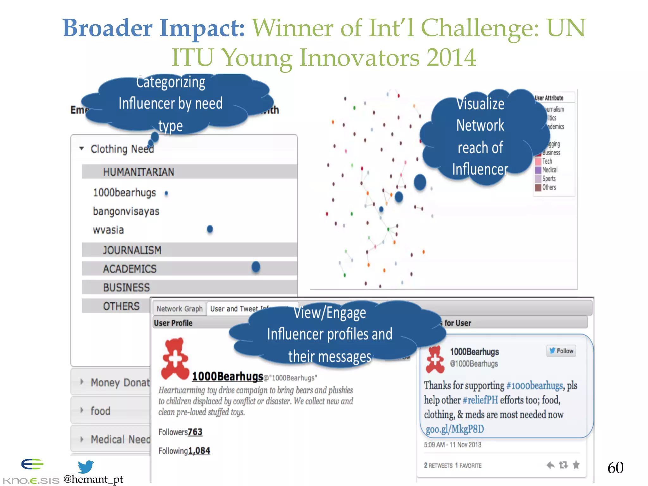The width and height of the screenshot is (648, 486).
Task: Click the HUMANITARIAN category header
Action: click(139, 172)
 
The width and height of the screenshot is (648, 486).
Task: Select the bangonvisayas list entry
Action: click(126, 211)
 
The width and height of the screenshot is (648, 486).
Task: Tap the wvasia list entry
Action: click(108, 230)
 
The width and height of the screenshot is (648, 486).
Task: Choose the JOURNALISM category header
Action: click(132, 250)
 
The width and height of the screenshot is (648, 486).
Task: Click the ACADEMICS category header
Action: click(130, 269)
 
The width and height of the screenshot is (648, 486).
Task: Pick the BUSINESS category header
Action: click(126, 288)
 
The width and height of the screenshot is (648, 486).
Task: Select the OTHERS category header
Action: click(121, 306)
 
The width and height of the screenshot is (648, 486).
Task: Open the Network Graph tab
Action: click(179, 309)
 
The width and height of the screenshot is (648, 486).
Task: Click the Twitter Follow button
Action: click(561, 351)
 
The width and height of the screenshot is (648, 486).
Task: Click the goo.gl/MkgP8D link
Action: click(455, 429)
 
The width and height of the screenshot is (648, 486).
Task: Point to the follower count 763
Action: click(195, 432)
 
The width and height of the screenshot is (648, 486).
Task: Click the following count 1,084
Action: click(199, 451)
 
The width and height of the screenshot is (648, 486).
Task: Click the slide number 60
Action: click(615, 468)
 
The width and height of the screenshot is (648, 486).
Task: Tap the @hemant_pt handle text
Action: click(93, 479)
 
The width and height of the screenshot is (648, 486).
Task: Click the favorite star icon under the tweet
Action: click(576, 465)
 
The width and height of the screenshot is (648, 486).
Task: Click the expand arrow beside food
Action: click(82, 410)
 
